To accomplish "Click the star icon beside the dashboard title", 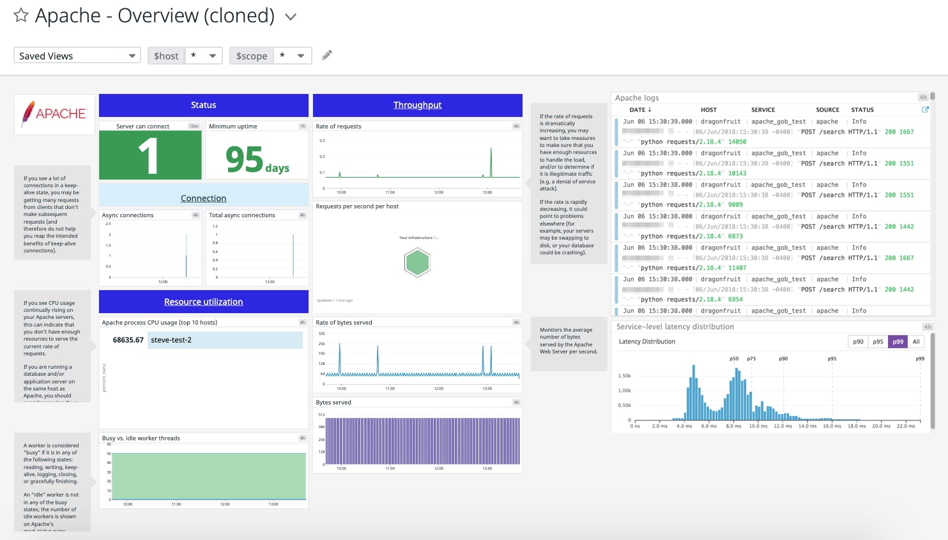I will point(21,15).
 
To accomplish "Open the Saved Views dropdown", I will point(77,56).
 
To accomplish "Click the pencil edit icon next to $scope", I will point(327,55).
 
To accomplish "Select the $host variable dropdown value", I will point(203,56).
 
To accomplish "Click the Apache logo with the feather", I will point(54,114).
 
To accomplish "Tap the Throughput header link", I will point(417,105).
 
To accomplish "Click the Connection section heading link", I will point(203,198).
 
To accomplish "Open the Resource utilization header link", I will point(203,302).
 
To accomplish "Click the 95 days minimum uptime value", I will point(257,160).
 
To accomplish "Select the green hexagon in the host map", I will point(417,263).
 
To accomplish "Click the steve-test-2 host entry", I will point(171,340).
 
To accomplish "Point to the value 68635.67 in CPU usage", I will point(128,340).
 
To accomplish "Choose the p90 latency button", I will point(858,342).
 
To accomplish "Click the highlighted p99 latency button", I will point(898,342).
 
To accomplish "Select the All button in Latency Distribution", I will point(916,342).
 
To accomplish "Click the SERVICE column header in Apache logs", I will point(763,110).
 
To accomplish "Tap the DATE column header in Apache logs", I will point(640,110).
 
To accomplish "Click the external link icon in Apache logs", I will point(925,110).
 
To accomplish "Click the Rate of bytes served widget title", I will point(344,323).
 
